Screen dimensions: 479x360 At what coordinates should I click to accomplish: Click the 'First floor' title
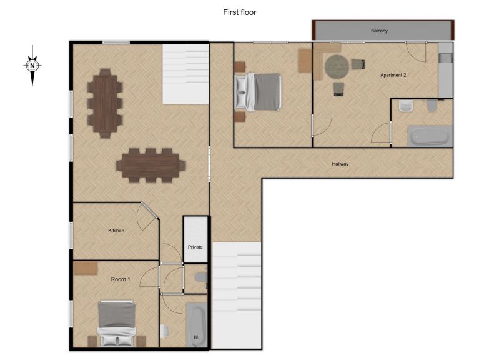click(240, 12)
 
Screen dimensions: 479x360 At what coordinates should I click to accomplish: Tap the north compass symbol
click(32, 66)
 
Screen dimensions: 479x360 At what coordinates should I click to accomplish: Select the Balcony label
click(379, 31)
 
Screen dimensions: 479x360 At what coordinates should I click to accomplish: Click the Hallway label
click(340, 164)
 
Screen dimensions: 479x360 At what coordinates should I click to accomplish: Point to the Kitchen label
click(116, 231)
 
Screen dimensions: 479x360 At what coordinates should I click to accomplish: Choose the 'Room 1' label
click(121, 279)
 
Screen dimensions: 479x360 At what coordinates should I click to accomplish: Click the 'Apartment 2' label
click(393, 75)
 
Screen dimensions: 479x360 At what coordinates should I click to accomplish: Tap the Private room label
click(195, 247)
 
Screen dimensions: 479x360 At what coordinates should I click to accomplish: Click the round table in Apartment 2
click(337, 66)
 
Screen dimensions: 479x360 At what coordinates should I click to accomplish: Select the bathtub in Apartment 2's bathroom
click(430, 136)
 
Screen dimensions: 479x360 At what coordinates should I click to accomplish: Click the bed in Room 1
click(117, 323)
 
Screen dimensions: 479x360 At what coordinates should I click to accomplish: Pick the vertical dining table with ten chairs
click(105, 103)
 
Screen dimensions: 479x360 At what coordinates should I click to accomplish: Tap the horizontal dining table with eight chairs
click(151, 166)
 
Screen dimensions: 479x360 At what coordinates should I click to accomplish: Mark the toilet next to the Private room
click(201, 277)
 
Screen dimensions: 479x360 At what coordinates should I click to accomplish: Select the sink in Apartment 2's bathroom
click(406, 106)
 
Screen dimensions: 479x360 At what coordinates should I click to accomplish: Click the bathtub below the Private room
click(197, 325)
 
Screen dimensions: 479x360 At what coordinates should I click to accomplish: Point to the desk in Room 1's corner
click(86, 268)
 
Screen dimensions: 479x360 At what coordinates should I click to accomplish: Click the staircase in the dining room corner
click(185, 74)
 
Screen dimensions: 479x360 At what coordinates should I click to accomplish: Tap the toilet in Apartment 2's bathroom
click(432, 106)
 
